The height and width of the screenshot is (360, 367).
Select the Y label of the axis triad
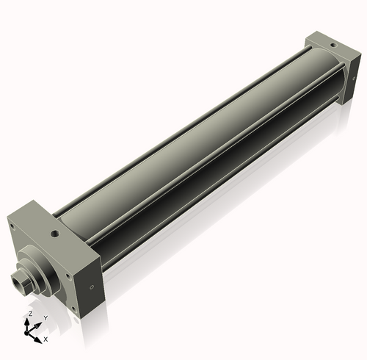click(x=46, y=317)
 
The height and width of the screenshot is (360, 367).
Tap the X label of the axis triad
click(x=46, y=339)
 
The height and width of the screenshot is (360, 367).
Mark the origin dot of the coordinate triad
click(x=29, y=332)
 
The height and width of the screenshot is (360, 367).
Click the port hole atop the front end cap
click(x=54, y=235)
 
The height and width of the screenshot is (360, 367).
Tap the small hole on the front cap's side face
click(x=90, y=288)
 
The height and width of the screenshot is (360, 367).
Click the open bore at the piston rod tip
click(x=15, y=278)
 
